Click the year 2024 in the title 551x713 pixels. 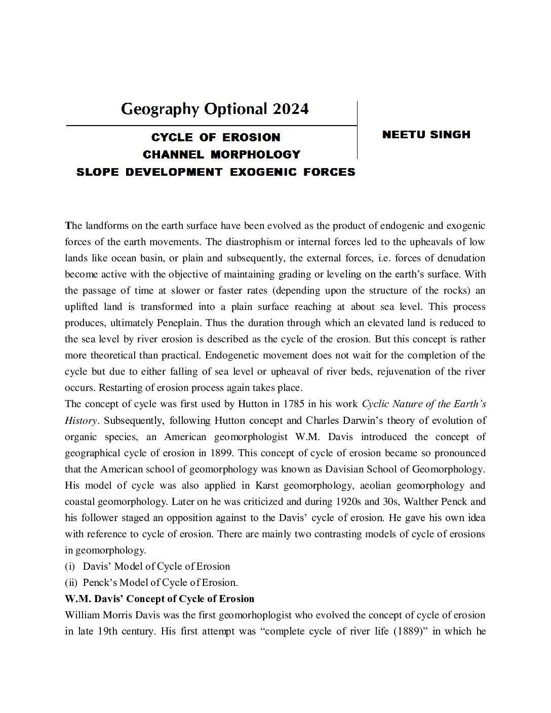pyautogui.click(x=290, y=109)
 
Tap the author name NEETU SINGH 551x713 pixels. pyautogui.click(x=426, y=135)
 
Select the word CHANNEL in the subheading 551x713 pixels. pyautogui.click(x=173, y=154)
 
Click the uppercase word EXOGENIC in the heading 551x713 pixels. pyautogui.click(x=264, y=172)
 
